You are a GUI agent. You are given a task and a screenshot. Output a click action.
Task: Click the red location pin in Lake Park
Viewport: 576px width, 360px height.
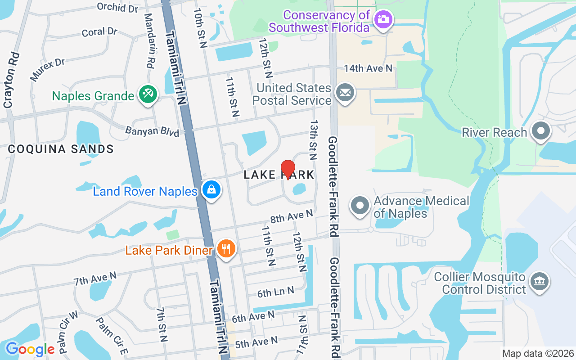(x=288, y=169)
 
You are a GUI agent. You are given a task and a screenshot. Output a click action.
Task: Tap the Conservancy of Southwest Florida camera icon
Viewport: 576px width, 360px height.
(x=384, y=19)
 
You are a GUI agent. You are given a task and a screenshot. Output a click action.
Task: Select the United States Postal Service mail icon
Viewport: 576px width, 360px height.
(x=345, y=93)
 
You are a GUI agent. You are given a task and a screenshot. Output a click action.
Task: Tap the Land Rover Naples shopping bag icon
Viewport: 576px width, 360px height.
(x=211, y=190)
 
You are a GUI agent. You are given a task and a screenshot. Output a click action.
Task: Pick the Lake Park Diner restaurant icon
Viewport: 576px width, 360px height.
(x=226, y=248)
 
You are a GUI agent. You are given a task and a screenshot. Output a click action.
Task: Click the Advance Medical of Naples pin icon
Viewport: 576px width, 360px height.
(x=360, y=206)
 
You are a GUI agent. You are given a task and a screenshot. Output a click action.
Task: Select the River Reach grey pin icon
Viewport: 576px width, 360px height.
(x=541, y=131)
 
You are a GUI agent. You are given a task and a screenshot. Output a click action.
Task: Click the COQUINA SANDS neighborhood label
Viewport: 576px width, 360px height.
(x=61, y=149)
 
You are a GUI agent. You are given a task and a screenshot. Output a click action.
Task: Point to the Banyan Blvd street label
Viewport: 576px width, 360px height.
(x=152, y=131)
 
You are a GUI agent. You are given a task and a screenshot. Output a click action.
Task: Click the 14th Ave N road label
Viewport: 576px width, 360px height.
(x=368, y=68)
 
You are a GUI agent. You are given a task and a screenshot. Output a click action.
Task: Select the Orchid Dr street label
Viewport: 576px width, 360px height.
(x=117, y=7)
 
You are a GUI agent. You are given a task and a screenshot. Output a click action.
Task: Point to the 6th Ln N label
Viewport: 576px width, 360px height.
(x=275, y=293)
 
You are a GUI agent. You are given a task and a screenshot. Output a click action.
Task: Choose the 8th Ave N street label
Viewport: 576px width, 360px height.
(x=291, y=217)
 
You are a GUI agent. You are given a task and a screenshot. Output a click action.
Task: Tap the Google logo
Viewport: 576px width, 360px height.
(x=30, y=349)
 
